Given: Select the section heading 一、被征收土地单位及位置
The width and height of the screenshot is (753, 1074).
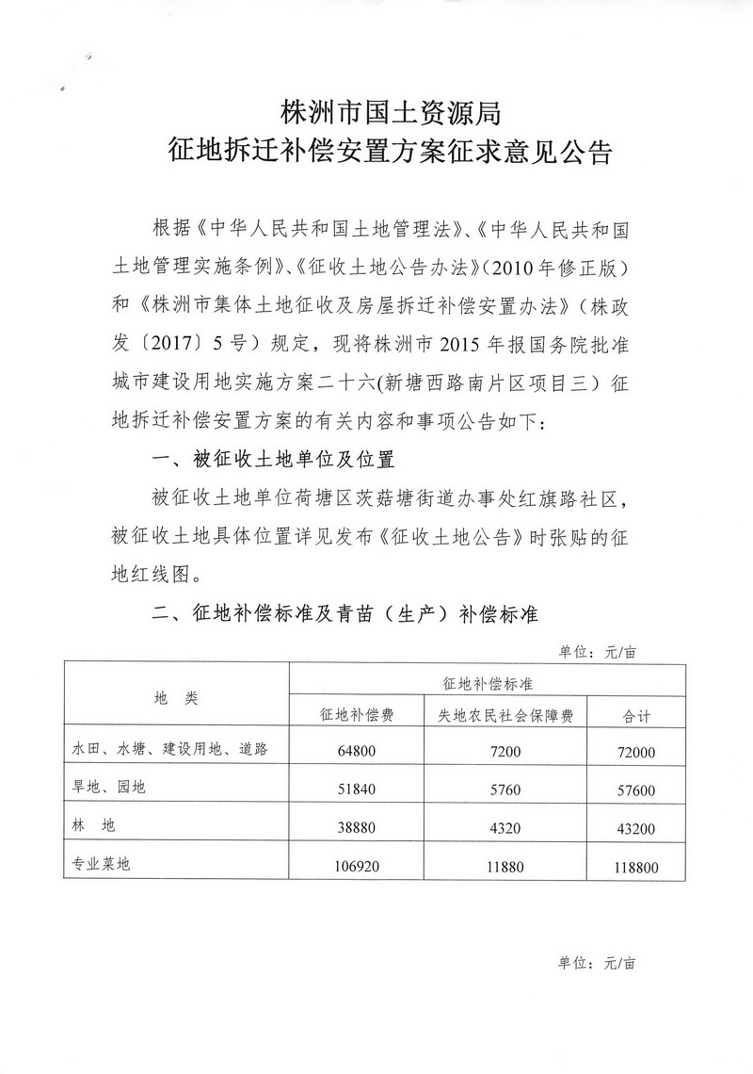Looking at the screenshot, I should pyautogui.click(x=272, y=461).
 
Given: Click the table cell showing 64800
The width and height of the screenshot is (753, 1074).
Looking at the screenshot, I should pyautogui.click(x=358, y=752).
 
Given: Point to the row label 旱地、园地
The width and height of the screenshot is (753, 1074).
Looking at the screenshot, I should pyautogui.click(x=109, y=788).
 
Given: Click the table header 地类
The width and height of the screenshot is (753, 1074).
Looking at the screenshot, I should pyautogui.click(x=176, y=698).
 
